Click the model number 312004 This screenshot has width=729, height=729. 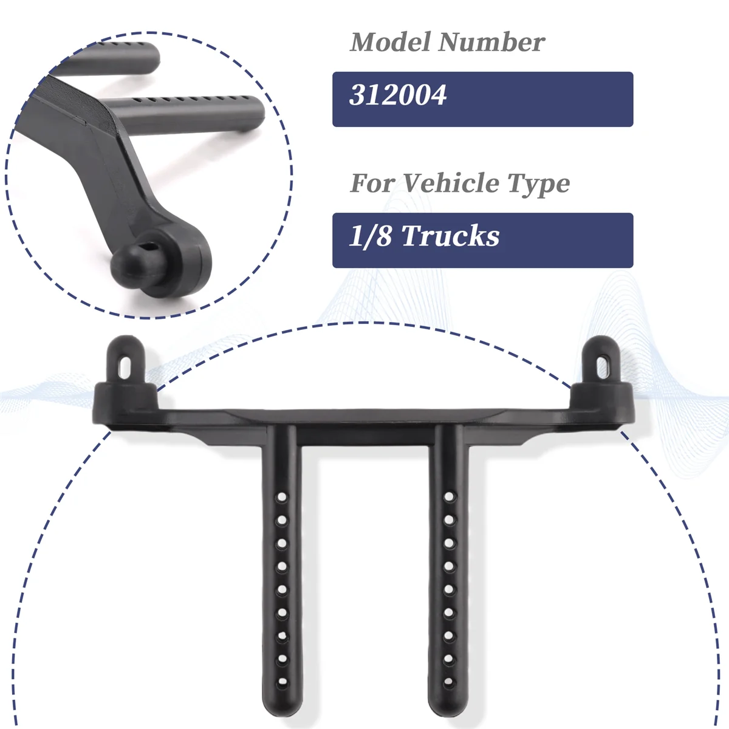coord(398,96)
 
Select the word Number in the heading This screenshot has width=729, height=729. coord(491,43)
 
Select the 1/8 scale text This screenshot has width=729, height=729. coord(371,236)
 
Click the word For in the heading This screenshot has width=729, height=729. coord(372,183)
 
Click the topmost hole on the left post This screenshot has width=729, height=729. coord(282,497)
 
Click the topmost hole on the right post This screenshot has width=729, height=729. coord(449,497)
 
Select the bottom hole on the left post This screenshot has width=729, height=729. coord(282,681)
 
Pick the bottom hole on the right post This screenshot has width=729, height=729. coord(449,681)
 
